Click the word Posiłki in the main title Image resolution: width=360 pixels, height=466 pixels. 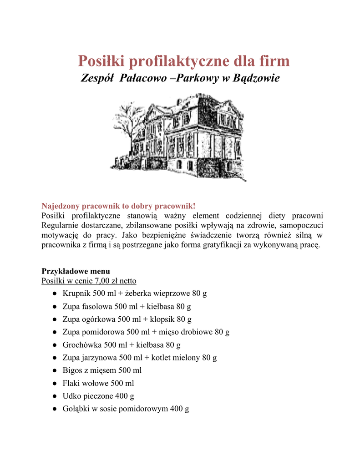click(x=101, y=61)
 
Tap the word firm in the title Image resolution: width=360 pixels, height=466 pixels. click(x=272, y=61)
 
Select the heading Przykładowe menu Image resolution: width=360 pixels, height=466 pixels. click(x=76, y=271)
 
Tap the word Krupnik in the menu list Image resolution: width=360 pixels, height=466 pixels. click(x=76, y=293)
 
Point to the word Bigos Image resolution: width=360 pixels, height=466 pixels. click(x=72, y=370)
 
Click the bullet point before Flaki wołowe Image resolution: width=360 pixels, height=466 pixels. click(x=55, y=384)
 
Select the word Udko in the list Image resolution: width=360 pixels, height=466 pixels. click(x=71, y=396)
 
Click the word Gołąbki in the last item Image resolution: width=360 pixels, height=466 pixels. click(x=76, y=409)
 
